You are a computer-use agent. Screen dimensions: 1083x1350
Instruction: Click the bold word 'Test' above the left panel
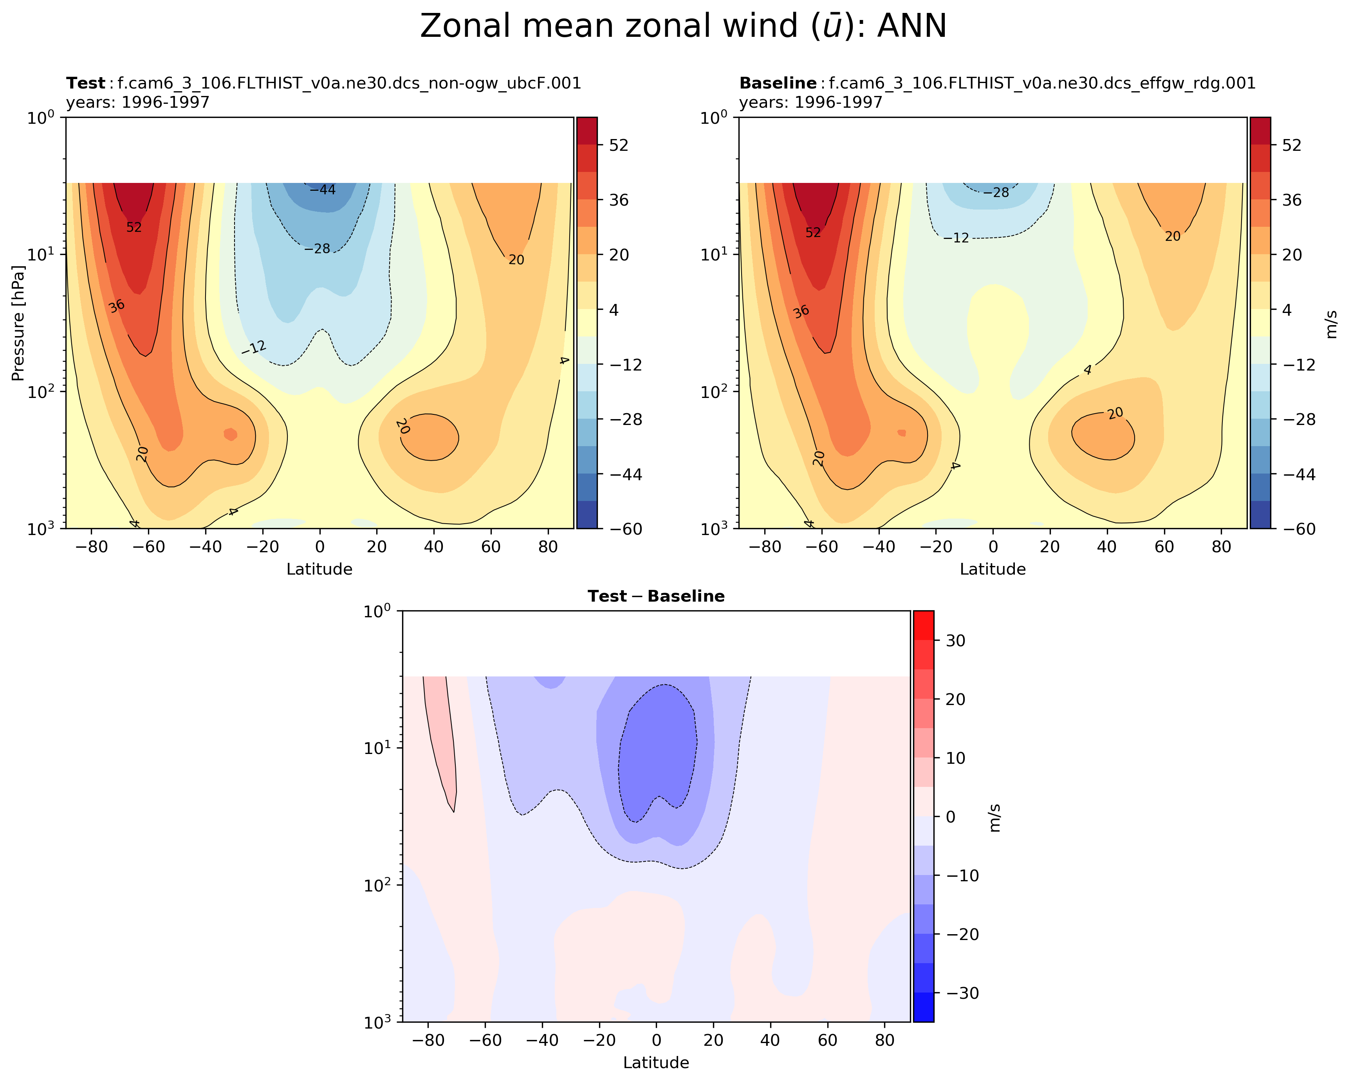pos(86,83)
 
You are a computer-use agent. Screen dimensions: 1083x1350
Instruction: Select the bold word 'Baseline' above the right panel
pos(778,83)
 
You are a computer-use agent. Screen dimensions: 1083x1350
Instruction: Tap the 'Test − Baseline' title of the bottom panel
pos(655,596)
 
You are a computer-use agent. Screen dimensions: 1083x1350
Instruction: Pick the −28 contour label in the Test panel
pos(318,249)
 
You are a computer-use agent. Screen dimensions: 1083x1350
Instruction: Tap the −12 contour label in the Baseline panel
pos(956,238)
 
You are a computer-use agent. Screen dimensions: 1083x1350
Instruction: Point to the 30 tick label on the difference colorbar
pos(952,641)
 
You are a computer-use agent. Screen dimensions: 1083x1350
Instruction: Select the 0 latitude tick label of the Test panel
pos(320,547)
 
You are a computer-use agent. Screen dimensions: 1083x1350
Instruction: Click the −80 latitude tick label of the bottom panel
pos(429,1040)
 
